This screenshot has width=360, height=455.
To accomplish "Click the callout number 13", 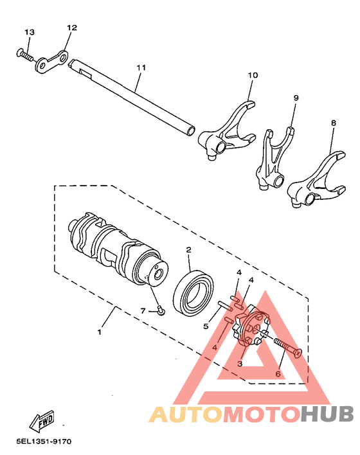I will pyautogui.click(x=30, y=32).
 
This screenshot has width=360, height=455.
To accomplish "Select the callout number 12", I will pyautogui.click(x=71, y=28).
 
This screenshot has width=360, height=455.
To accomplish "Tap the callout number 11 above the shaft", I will pyautogui.click(x=141, y=67).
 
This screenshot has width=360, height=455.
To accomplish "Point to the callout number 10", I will pyautogui.click(x=253, y=75).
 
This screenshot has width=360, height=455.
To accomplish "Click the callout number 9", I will pyautogui.click(x=296, y=98).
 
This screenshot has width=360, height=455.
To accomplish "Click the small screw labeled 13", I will pyautogui.click(x=24, y=55).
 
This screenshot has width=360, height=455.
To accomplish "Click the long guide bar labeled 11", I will pyautogui.click(x=135, y=96).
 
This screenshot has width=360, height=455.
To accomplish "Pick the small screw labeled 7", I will pyautogui.click(x=161, y=312).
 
